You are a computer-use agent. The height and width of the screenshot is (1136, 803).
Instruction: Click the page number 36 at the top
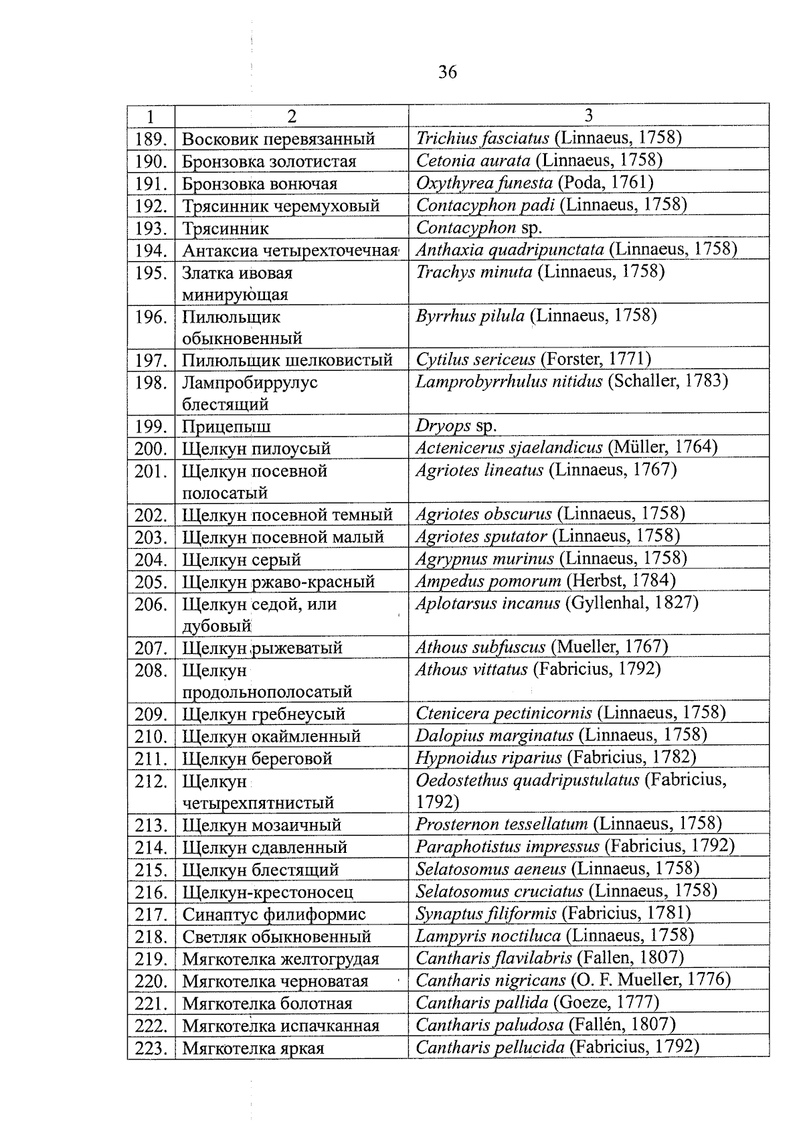[x=447, y=72]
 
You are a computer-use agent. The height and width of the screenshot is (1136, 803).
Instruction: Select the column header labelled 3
[x=588, y=115]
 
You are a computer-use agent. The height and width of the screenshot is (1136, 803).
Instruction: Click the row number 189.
[x=151, y=139]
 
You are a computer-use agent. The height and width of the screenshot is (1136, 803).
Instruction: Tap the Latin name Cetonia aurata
[x=473, y=161]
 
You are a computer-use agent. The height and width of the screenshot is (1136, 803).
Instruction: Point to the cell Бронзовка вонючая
[x=260, y=184]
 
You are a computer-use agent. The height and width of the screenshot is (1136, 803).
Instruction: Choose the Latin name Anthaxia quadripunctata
[x=510, y=250]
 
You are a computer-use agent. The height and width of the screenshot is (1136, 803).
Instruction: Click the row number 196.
[x=151, y=317]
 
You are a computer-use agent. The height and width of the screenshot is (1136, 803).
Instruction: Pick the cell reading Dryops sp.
[x=456, y=426]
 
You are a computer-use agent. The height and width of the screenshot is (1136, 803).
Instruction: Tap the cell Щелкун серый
[x=242, y=560]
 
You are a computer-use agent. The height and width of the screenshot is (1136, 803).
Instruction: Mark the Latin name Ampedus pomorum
[x=488, y=580]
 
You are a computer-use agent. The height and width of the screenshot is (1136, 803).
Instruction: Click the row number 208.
[x=151, y=670]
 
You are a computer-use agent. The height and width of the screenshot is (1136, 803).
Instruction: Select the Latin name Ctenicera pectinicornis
[x=504, y=714]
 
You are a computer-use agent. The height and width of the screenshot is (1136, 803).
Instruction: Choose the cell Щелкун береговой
[x=257, y=758]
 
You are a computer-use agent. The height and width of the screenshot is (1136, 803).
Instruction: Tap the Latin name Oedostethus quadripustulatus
[x=527, y=781]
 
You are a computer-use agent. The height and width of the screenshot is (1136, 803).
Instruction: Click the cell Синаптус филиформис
[x=274, y=914]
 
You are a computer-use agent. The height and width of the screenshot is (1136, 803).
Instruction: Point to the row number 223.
[x=151, y=1048]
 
